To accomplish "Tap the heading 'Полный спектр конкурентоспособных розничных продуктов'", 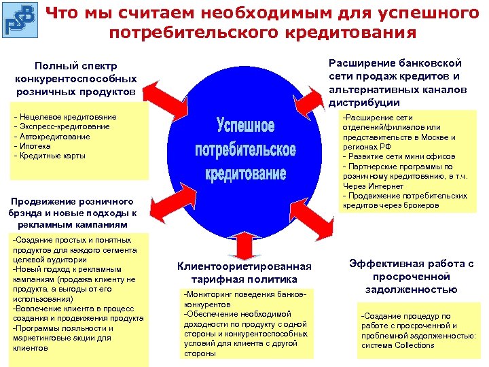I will tap(75, 78).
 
